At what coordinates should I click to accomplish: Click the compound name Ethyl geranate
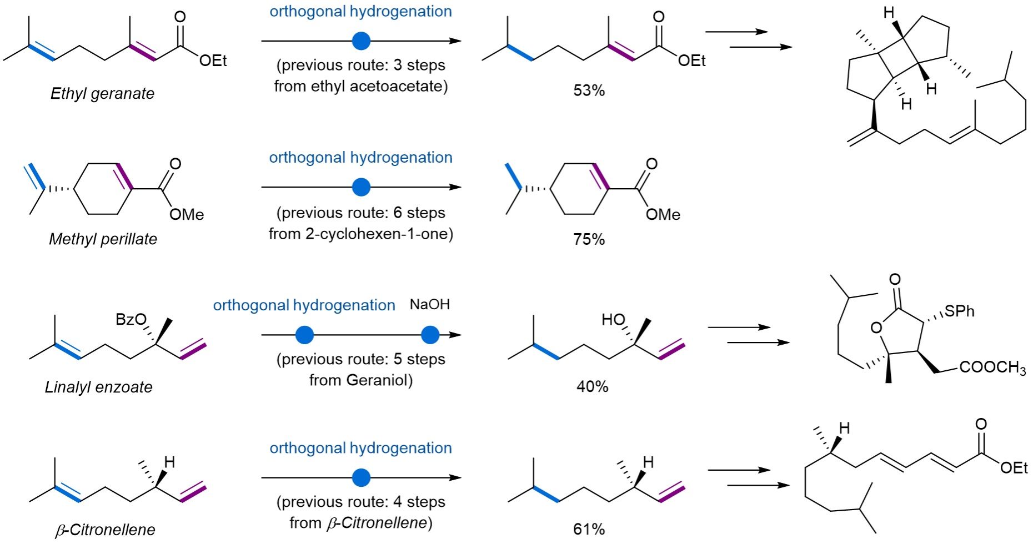(x=102, y=93)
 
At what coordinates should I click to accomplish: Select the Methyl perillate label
(x=103, y=239)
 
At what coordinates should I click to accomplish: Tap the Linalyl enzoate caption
(x=98, y=387)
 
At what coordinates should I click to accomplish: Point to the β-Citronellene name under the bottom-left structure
(x=105, y=530)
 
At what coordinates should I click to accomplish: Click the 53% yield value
(x=589, y=90)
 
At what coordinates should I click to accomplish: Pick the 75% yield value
(x=589, y=239)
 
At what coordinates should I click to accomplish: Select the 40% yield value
(x=592, y=386)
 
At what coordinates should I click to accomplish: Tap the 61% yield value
(x=589, y=529)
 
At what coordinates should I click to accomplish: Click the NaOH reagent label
(x=429, y=304)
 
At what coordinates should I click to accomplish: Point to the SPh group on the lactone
(x=959, y=311)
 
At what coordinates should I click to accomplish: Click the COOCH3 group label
(x=992, y=367)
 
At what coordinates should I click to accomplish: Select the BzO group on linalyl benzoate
(x=131, y=320)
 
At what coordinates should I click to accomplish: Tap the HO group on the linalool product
(x=614, y=320)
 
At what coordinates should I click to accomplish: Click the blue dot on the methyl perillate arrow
(x=361, y=187)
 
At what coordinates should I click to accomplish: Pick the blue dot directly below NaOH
(x=430, y=335)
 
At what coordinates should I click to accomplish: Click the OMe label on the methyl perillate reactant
(x=187, y=214)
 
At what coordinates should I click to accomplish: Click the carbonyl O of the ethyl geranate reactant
(x=180, y=17)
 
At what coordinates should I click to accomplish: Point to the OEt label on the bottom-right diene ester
(x=1014, y=468)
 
